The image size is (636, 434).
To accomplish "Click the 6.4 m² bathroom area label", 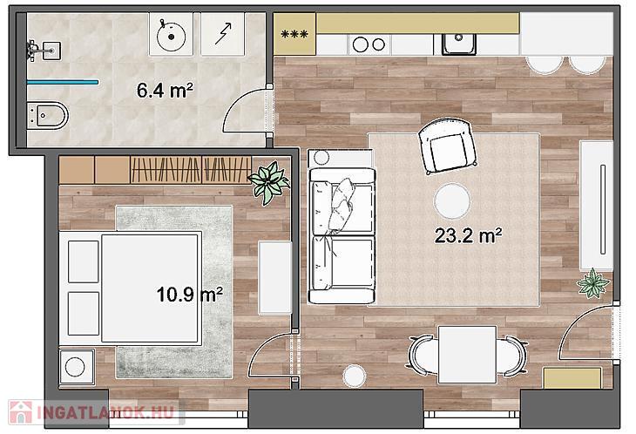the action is [x=165, y=90].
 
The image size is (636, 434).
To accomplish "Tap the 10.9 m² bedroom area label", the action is [x=189, y=294].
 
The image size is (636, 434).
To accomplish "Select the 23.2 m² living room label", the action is [x=468, y=235].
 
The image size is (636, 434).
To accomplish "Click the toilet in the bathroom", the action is [x=47, y=116].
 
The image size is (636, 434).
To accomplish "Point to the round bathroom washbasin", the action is [x=171, y=35].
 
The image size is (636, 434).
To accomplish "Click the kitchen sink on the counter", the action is [x=459, y=44].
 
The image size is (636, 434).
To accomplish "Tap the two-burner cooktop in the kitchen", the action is [x=369, y=44].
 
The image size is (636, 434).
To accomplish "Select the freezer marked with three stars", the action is [x=294, y=34].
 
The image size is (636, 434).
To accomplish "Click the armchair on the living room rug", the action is [x=447, y=146].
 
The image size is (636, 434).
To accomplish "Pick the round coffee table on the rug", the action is [x=452, y=201].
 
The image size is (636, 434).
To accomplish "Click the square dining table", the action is [x=467, y=355].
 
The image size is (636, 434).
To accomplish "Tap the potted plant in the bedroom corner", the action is [x=269, y=182].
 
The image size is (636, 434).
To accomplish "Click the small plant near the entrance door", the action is [x=593, y=283].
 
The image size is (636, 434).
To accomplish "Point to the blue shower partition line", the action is [x=63, y=82].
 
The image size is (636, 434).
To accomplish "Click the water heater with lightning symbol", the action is [x=223, y=34].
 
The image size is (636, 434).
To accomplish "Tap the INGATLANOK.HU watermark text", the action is [x=106, y=412].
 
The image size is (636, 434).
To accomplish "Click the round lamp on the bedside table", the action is [x=75, y=367].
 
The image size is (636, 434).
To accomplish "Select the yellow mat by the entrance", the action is [x=572, y=378].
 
